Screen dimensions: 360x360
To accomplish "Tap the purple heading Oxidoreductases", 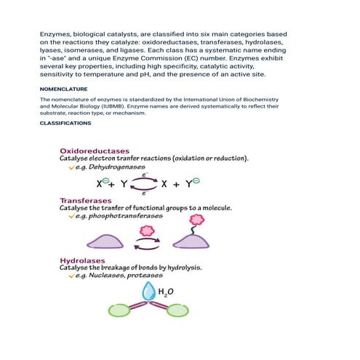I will [x=94, y=151].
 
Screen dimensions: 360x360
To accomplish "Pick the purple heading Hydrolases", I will [x=82, y=260].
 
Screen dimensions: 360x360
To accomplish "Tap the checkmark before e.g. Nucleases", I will [x=71, y=276].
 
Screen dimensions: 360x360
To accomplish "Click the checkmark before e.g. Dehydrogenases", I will [x=71, y=167].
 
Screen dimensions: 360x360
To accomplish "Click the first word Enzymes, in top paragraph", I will [x=57, y=34].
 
